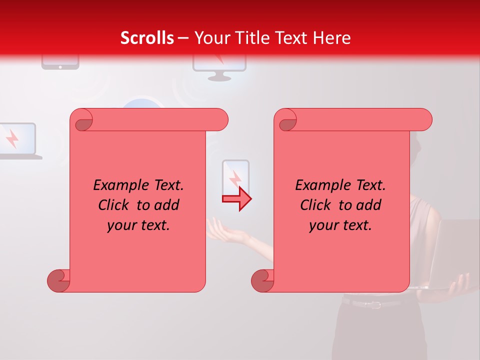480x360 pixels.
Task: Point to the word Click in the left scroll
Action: [x=115, y=205]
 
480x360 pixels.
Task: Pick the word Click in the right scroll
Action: [x=317, y=205]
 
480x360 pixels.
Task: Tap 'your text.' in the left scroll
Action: [x=138, y=225]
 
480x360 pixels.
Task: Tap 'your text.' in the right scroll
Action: [x=340, y=225]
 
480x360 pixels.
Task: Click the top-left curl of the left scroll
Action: [x=82, y=120]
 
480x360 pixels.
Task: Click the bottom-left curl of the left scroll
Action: [x=58, y=280]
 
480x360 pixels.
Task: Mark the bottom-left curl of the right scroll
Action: [x=262, y=280]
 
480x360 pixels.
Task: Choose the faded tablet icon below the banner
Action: [x=60, y=63]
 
